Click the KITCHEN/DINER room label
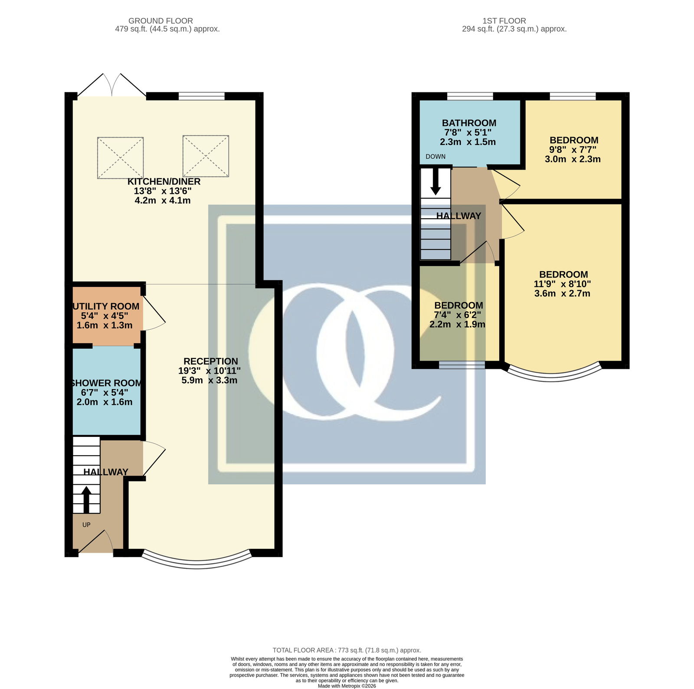[x=164, y=181]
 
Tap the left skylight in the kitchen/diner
[x=120, y=158]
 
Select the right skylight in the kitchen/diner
[x=206, y=156]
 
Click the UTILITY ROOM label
[x=106, y=306]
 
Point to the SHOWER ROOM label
[x=106, y=383]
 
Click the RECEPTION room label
[x=211, y=361]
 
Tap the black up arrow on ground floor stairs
[x=86, y=500]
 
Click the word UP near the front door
[x=86, y=525]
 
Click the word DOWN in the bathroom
[x=435, y=157]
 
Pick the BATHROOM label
[x=469, y=123]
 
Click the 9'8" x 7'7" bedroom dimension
[x=573, y=150]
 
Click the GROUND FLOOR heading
[x=160, y=21]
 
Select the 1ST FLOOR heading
[x=504, y=21]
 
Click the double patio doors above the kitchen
[x=112, y=85]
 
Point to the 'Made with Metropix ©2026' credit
[x=347, y=686]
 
